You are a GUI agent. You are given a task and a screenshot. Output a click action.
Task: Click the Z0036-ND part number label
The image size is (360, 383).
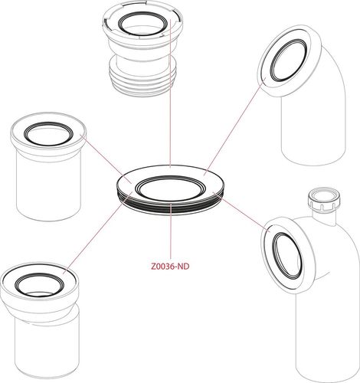coord(170,267)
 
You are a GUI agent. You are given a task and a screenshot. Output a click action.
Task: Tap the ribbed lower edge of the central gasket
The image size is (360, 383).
coord(170,205)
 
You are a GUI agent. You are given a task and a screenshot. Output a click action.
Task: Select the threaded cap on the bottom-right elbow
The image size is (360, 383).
coord(324,199)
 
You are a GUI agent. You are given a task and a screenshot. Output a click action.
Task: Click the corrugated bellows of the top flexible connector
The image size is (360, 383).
coord(142,77)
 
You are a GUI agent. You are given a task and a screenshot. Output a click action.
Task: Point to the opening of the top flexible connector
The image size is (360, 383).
coord(142,25)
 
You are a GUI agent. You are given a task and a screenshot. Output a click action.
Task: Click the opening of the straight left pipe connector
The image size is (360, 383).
coord(48,134)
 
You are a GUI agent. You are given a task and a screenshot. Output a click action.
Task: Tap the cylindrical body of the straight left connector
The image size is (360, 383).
coord(48,185)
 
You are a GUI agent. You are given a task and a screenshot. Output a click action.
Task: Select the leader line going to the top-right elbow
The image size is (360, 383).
coord(235,126)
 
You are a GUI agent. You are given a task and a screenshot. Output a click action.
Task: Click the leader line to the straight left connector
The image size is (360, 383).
coord(106,159)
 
